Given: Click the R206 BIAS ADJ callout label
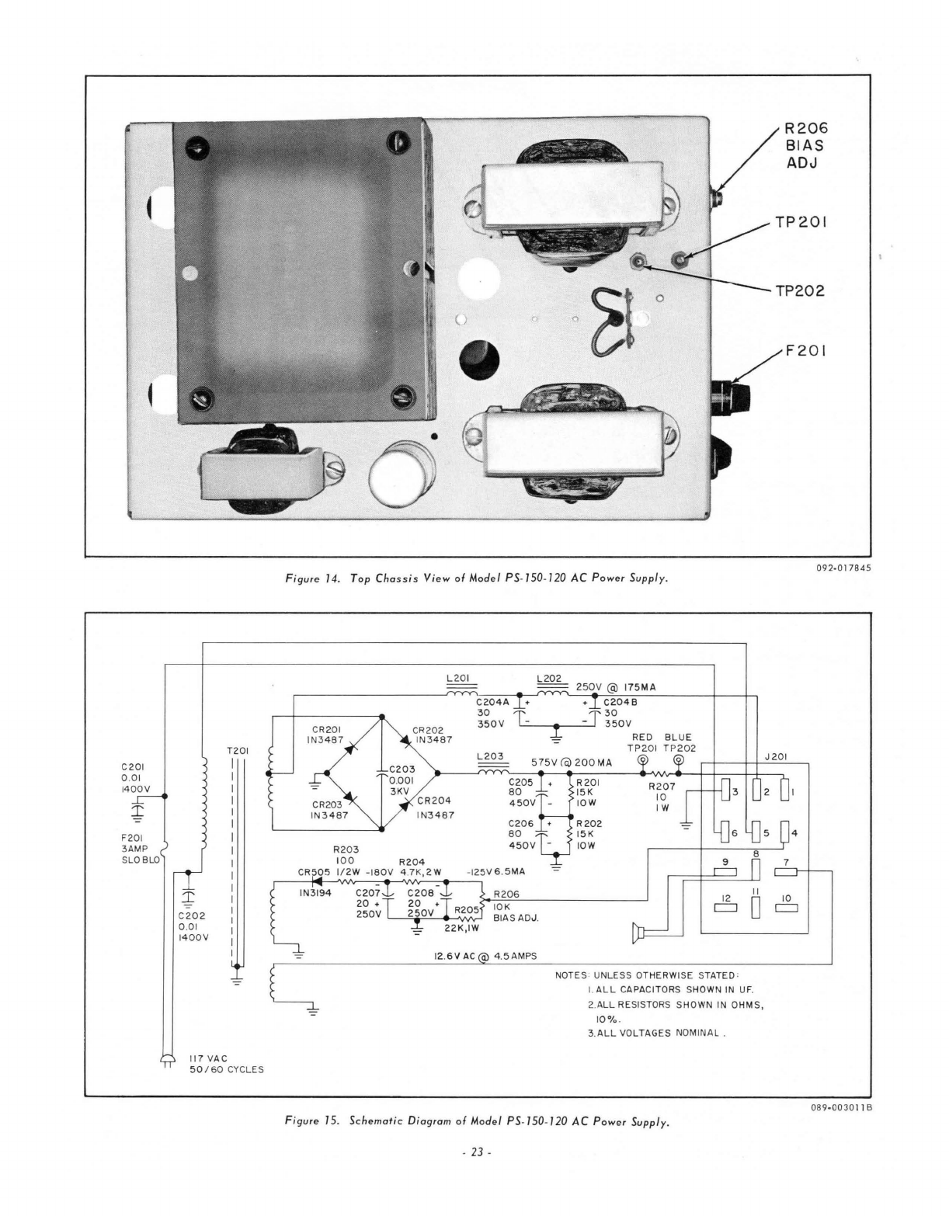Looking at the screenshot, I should tap(801, 146).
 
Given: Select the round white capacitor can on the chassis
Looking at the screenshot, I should tap(397, 474).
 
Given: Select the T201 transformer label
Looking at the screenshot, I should tap(237, 751).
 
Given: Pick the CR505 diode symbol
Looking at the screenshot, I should tap(316, 881).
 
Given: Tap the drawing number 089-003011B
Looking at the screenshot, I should tap(836, 1107).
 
